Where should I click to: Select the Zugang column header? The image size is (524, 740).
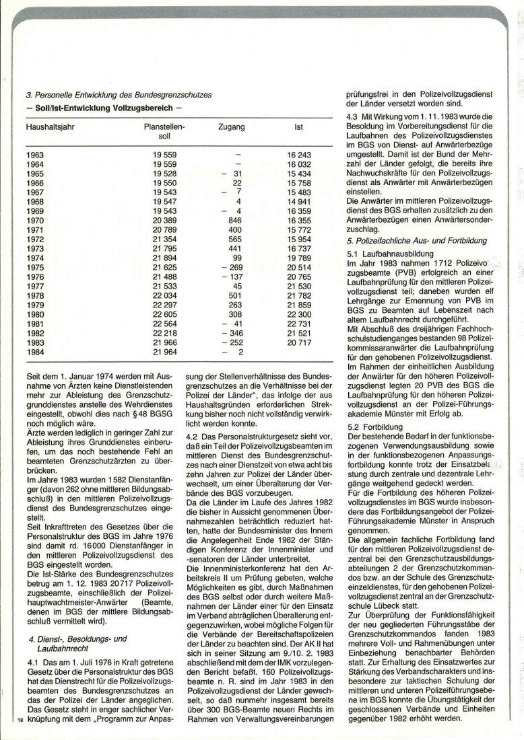(x=232, y=126)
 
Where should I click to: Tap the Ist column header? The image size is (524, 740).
(x=298, y=126)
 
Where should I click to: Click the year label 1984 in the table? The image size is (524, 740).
(x=36, y=352)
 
